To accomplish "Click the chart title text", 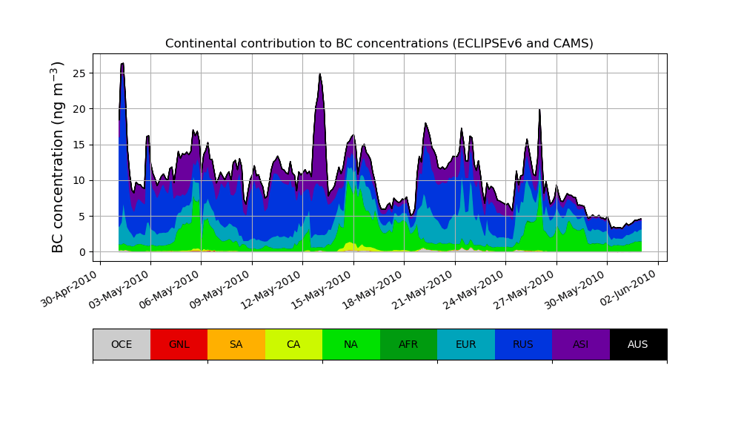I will [x=379, y=44].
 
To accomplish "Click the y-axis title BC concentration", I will [x=59, y=157].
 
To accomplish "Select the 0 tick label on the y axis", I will [x=82, y=252].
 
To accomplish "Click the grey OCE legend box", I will [x=122, y=344].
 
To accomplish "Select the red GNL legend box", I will [x=179, y=344].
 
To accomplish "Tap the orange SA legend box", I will [x=236, y=344].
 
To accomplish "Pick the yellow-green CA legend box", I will [x=293, y=344].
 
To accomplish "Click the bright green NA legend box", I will [x=350, y=344].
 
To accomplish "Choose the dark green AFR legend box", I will [x=408, y=344].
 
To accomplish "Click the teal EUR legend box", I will [x=465, y=344].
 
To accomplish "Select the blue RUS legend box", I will [x=523, y=344].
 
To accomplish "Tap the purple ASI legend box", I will [x=580, y=344].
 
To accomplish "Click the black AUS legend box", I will [x=638, y=344].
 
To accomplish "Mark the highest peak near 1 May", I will [x=122, y=64].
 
